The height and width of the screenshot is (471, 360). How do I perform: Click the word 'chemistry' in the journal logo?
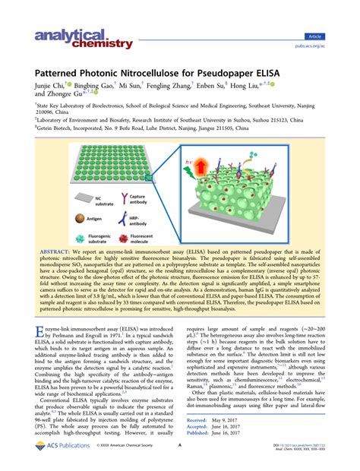click(x=69, y=45)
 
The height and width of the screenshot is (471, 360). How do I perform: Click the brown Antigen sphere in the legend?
click(x=78, y=216)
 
